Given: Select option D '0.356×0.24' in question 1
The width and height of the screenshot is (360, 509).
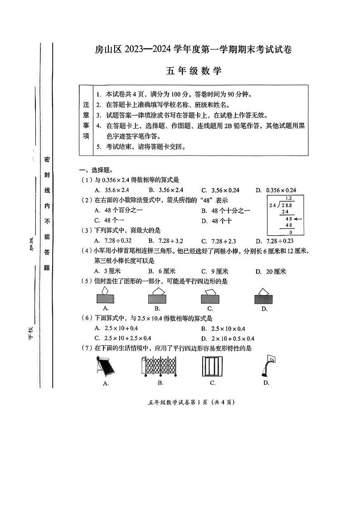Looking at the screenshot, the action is pos(276,190).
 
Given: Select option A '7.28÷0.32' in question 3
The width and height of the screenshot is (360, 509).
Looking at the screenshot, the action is pos(113,241).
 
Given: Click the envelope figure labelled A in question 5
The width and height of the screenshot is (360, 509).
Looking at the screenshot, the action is pos(106,296).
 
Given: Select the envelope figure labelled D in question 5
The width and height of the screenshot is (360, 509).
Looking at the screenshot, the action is pos(264,296).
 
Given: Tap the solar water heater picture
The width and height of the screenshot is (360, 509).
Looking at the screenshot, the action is pos(105,366).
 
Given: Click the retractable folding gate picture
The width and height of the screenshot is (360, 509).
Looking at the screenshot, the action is pos(160,366).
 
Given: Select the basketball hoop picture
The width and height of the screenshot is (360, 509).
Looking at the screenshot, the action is pos(268,366).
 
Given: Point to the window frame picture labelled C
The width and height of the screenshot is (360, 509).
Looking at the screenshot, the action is pos(212,366).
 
